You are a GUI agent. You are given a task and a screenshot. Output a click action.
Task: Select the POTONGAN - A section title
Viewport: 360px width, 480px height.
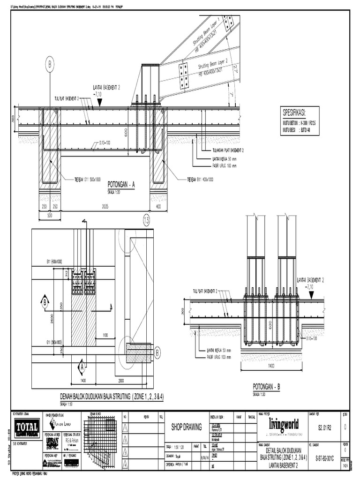pos(121,185)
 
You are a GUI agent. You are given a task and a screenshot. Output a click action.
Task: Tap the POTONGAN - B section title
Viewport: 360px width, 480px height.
pos(266,387)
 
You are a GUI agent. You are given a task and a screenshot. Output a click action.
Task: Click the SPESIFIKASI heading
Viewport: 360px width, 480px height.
pos(300,113)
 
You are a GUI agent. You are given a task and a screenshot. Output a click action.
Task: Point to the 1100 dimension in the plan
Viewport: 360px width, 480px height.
pos(105,335)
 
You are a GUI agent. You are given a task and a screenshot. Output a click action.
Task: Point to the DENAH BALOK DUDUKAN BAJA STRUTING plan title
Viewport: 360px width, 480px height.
pos(111,397)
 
